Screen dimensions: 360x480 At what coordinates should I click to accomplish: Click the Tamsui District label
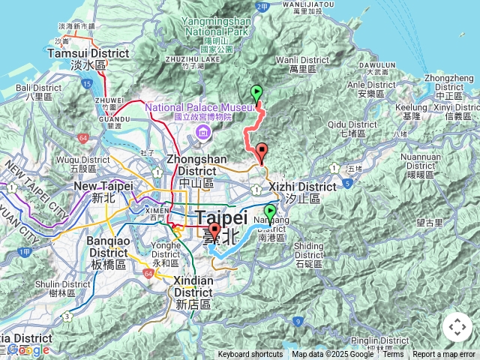coord(78,53)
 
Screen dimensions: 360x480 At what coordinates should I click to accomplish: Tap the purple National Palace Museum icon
coord(202,133)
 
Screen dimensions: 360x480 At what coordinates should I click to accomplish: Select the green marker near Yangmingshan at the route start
coord(257,94)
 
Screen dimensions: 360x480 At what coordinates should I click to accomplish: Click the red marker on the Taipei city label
coord(214,232)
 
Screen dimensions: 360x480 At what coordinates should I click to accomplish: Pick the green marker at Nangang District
coord(270,212)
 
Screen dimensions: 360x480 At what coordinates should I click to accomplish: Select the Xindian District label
coord(193,286)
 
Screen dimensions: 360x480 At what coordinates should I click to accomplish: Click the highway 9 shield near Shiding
coord(298,322)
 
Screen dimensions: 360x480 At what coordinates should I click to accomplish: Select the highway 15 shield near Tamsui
coord(88,83)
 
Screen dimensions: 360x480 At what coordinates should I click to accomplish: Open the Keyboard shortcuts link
coord(250,354)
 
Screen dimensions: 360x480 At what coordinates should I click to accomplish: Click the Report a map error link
coord(445,354)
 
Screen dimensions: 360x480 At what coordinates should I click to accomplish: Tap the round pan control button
coord(457,327)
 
